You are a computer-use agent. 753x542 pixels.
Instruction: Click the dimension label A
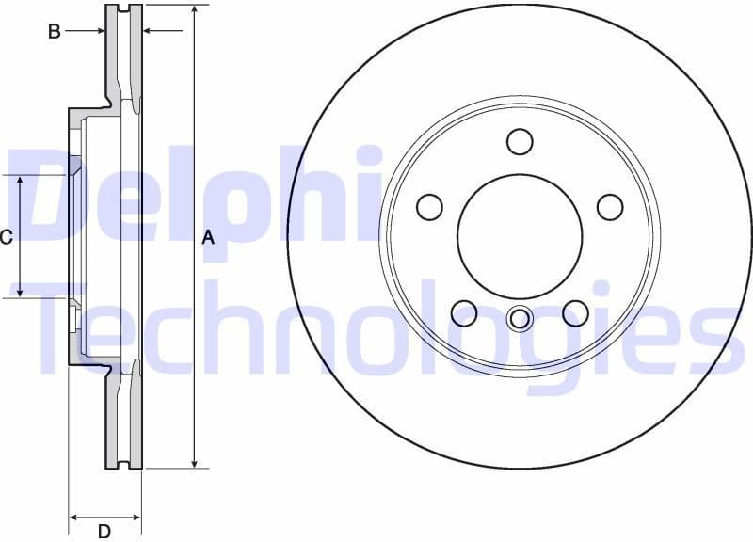[208, 238]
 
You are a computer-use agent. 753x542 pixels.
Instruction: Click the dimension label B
[55, 32]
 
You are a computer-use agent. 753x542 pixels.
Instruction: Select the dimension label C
[6, 237]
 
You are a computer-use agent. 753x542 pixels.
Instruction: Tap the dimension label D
[104, 532]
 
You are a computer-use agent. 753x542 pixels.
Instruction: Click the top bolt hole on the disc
[520, 141]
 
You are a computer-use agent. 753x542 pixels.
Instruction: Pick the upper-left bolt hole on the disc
[429, 206]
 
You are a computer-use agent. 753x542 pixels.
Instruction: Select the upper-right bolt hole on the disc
[610, 206]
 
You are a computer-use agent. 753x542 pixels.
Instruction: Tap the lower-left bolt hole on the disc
[464, 311]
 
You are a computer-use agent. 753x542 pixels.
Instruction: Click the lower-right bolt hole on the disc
[575, 311]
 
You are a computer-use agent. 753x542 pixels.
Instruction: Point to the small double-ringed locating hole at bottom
[520, 319]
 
